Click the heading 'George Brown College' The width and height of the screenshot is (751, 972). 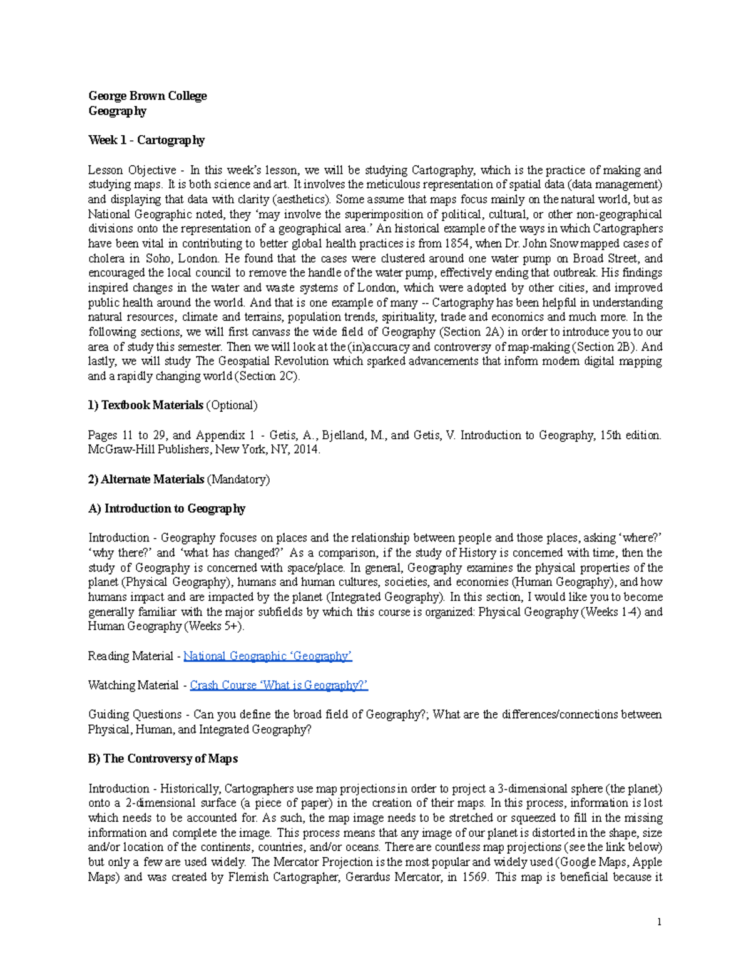(x=147, y=96)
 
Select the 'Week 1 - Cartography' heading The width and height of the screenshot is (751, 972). (x=146, y=140)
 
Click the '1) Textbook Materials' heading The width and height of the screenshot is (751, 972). (x=145, y=406)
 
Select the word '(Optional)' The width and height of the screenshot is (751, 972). (x=232, y=406)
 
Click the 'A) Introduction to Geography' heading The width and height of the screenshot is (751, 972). (x=166, y=509)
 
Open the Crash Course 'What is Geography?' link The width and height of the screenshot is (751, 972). (x=278, y=686)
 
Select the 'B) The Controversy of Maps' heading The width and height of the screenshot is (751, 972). (x=163, y=759)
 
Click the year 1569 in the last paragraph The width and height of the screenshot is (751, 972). (x=476, y=877)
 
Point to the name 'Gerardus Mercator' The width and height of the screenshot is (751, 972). (x=398, y=877)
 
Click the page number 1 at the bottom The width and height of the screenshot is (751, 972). (x=659, y=922)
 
